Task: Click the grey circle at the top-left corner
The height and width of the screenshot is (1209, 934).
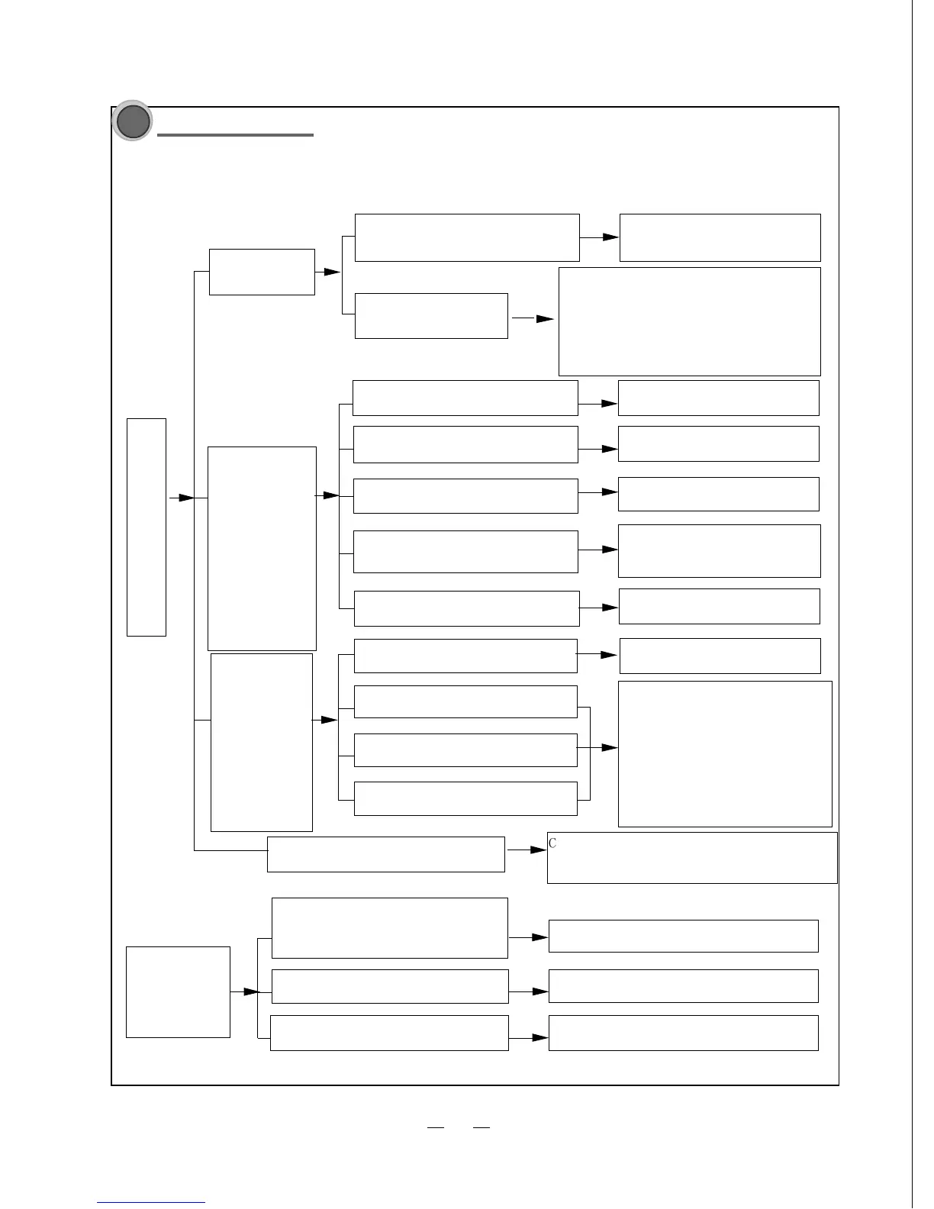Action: click(132, 121)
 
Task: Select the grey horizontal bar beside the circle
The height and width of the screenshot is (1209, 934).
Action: click(235, 135)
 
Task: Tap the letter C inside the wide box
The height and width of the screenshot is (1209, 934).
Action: click(552, 843)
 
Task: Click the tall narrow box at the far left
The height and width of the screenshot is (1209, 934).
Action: click(147, 527)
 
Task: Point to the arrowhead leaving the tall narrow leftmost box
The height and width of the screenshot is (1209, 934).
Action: click(186, 498)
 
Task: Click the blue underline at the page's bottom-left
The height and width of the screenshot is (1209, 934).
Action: click(151, 1203)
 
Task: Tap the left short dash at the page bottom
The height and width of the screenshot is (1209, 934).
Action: click(435, 1127)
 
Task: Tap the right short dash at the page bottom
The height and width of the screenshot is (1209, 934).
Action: click(481, 1127)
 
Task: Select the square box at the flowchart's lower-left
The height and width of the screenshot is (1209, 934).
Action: click(178, 991)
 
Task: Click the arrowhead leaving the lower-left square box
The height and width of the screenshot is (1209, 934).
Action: click(251, 991)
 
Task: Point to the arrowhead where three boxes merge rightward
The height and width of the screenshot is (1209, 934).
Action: click(609, 748)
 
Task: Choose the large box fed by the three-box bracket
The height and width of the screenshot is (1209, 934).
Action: click(725, 753)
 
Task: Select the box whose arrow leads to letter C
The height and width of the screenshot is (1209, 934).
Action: click(386, 854)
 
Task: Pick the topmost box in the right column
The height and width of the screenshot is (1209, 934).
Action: click(720, 237)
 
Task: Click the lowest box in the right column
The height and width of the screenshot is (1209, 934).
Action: click(683, 1033)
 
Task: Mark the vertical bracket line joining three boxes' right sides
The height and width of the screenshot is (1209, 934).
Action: click(590, 753)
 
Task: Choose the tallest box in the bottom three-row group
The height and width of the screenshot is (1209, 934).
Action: click(389, 927)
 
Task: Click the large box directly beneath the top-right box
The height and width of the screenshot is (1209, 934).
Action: click(690, 321)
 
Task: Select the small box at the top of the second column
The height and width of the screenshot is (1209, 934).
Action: click(262, 272)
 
